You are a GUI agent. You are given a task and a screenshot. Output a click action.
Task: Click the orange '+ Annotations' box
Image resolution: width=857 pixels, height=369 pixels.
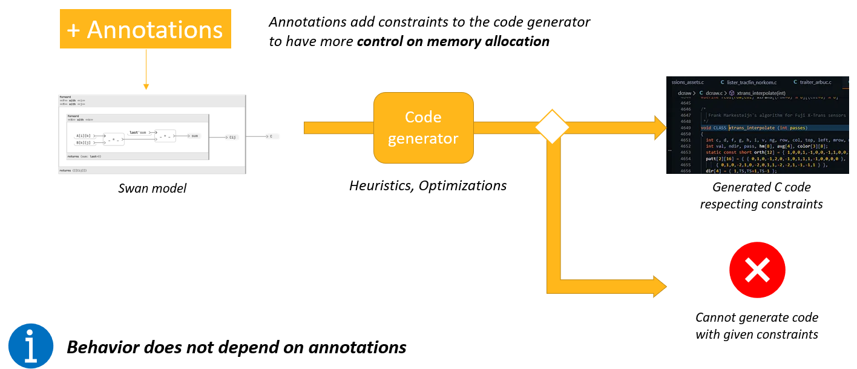pyautogui.click(x=146, y=29)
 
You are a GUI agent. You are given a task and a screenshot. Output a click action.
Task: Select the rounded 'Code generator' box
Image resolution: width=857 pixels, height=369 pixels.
pyautogui.click(x=423, y=128)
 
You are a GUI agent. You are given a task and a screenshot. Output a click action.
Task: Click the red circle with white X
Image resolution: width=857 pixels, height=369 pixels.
pyautogui.click(x=757, y=270)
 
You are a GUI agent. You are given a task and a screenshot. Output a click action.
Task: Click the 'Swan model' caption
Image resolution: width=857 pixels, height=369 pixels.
pyautogui.click(x=153, y=188)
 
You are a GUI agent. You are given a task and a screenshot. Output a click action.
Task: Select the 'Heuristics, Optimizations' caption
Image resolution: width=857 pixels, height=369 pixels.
pyautogui.click(x=428, y=185)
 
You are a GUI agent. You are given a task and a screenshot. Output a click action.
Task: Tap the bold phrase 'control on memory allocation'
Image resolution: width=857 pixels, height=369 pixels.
pyautogui.click(x=453, y=41)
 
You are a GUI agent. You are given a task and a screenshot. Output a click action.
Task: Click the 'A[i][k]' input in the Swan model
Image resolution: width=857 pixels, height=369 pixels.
pyautogui.click(x=84, y=136)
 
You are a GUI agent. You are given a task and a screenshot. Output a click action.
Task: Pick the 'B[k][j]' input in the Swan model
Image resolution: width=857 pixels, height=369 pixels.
pyautogui.click(x=84, y=143)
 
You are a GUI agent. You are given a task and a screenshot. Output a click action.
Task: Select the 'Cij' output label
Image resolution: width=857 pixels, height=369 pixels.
pyautogui.click(x=232, y=138)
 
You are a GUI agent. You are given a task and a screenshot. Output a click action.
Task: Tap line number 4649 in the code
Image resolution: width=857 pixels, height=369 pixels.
pyautogui.click(x=685, y=128)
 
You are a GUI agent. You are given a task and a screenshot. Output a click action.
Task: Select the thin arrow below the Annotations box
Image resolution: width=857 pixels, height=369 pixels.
pyautogui.click(x=146, y=70)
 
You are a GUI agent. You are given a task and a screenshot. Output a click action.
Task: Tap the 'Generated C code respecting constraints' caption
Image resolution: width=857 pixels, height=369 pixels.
pyautogui.click(x=761, y=196)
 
